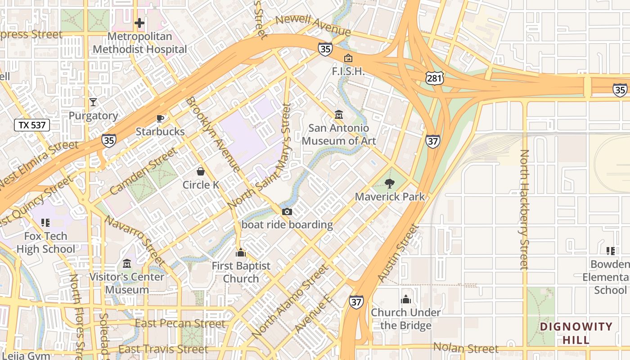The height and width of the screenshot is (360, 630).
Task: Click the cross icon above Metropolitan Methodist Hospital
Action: click(139, 22)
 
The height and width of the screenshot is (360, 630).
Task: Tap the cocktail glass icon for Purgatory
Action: click(93, 102)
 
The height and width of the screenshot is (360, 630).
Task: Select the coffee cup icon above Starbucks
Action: click(160, 118)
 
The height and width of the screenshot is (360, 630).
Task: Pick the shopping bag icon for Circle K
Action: click(201, 171)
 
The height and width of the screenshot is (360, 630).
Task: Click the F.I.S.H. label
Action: click(348, 72)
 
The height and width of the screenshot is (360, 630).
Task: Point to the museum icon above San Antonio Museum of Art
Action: click(339, 115)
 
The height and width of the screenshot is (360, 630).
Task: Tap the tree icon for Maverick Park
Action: click(390, 183)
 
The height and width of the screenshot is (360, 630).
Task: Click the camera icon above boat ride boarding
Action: click(287, 211)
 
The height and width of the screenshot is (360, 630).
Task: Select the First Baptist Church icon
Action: click(241, 252)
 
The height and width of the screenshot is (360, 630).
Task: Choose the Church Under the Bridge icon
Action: click(406, 299)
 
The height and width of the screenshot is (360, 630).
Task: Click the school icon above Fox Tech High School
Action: click(45, 222)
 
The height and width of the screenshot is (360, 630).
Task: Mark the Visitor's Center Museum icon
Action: click(126, 263)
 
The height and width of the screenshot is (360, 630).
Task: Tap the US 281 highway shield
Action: click(435, 78)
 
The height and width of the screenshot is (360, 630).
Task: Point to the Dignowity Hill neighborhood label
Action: click(576, 333)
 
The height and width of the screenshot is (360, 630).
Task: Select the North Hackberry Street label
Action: click(524, 210)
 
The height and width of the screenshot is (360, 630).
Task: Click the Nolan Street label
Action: click(466, 348)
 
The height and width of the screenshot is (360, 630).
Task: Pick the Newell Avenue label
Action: click(313, 26)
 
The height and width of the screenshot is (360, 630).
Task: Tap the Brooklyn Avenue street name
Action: click(213, 134)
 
